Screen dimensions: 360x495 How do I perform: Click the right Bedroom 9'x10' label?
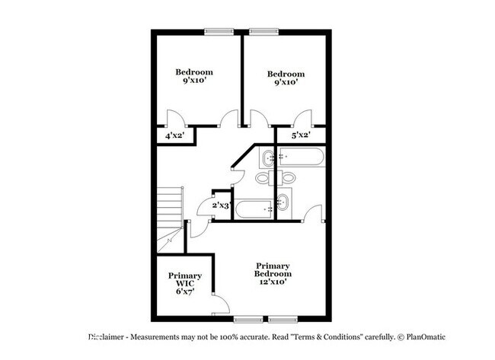[286, 78]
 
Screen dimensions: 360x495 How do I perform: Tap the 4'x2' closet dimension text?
[174, 136]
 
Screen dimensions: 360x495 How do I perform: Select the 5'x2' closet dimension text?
[302, 135]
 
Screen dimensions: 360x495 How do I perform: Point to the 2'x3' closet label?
[221, 205]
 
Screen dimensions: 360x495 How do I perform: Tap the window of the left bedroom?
[219, 32]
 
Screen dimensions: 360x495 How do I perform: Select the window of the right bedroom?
[263, 32]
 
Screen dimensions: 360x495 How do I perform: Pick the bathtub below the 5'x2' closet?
[302, 158]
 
